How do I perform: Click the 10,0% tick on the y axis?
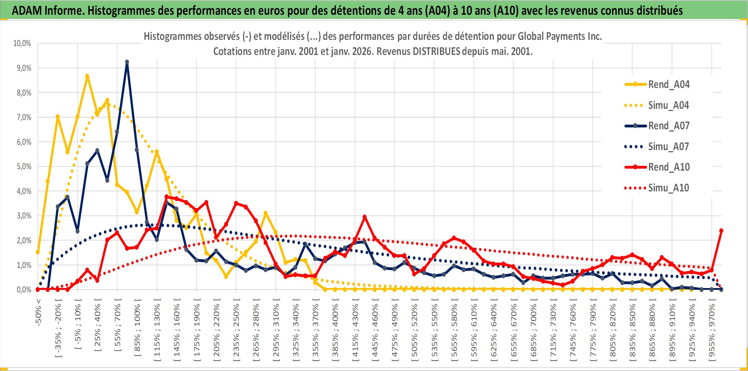point(22,43)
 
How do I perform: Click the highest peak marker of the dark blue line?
point(127,62)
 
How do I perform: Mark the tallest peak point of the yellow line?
point(87,76)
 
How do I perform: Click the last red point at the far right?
point(721,231)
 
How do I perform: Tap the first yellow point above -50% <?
point(38,252)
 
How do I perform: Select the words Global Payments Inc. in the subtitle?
point(559,36)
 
